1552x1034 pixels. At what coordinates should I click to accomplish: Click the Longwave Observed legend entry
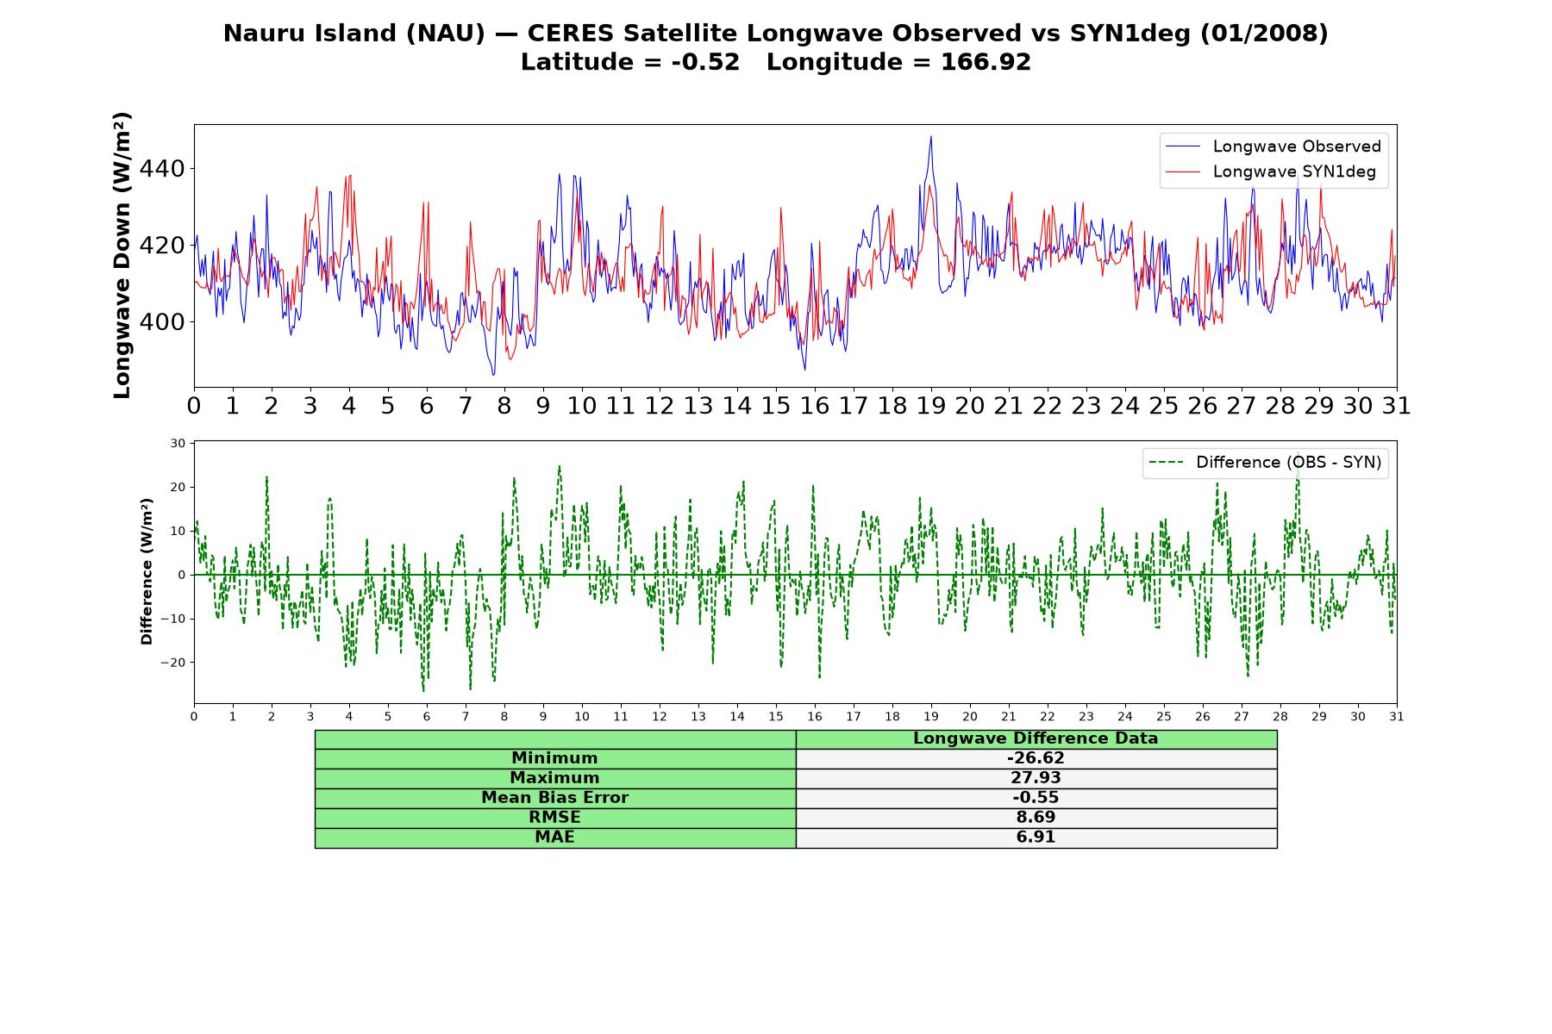(x=1272, y=146)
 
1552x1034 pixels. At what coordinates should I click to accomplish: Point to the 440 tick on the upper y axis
(x=162, y=169)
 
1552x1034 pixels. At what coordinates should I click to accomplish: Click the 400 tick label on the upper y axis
(x=162, y=322)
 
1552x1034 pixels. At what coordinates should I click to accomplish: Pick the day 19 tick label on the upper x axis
(x=931, y=406)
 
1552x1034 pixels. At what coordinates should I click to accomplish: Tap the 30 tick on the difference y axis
(x=178, y=444)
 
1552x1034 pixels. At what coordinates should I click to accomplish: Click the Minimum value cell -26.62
(x=1036, y=758)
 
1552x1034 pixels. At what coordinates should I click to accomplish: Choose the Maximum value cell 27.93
(x=1036, y=778)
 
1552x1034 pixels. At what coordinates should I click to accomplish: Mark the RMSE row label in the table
(x=554, y=818)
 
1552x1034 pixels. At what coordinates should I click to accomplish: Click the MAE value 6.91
(x=1036, y=838)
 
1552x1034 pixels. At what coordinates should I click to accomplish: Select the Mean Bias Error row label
(x=554, y=798)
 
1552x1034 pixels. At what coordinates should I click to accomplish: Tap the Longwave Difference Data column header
(x=1036, y=738)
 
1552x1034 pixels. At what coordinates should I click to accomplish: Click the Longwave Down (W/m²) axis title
(x=122, y=255)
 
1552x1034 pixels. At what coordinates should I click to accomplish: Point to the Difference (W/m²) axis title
(x=147, y=571)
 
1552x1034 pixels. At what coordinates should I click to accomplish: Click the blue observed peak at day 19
(x=930, y=136)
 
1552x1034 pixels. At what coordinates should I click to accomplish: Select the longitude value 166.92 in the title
(x=986, y=62)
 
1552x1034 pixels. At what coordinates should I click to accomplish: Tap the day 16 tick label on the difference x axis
(x=815, y=717)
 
